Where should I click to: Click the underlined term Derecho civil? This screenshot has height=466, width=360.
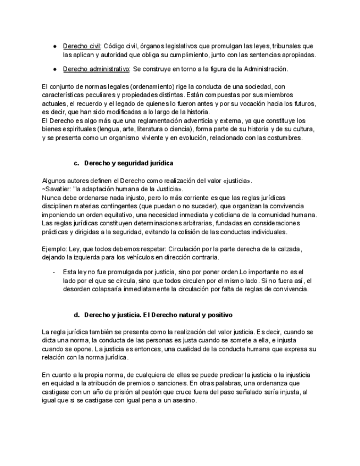point(81,46)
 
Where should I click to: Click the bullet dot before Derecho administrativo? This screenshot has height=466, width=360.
point(55,69)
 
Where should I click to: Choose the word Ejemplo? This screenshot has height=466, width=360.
point(54,249)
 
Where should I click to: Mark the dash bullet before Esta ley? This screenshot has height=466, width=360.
point(53,272)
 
